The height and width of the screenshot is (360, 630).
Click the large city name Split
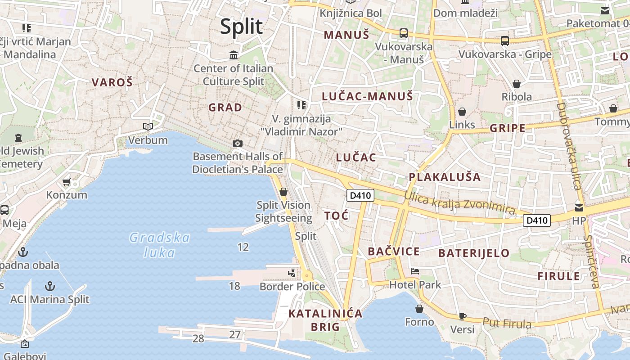pos(241,27)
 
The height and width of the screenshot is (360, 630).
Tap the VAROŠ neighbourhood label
pos(112,82)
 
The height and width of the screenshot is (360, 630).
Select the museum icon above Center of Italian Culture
pos(234,55)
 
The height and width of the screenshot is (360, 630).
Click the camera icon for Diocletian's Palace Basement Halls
pos(238,143)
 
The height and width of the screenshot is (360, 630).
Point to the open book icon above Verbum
pos(148,126)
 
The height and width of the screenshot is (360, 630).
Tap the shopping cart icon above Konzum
pos(67,182)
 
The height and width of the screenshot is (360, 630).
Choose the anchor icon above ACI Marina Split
pos(50,286)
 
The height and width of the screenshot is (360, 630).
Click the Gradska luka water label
pos(160,245)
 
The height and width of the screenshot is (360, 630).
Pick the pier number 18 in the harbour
pos(234,286)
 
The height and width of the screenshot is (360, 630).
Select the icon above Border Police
pos(292,273)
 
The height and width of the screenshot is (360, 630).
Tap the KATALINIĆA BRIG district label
pos(325,320)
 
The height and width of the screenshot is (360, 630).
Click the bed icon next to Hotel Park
pos(415,271)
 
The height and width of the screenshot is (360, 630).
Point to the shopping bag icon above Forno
pos(419,309)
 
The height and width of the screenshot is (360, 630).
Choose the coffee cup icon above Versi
pos(462,316)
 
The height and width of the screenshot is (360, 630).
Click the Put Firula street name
pos(507,323)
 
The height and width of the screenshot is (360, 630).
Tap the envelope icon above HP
pos(579,207)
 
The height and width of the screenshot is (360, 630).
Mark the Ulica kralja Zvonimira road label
pos(459,202)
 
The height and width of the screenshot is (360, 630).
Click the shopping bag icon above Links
pos(462,112)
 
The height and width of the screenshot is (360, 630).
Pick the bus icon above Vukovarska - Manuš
pos(404,33)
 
